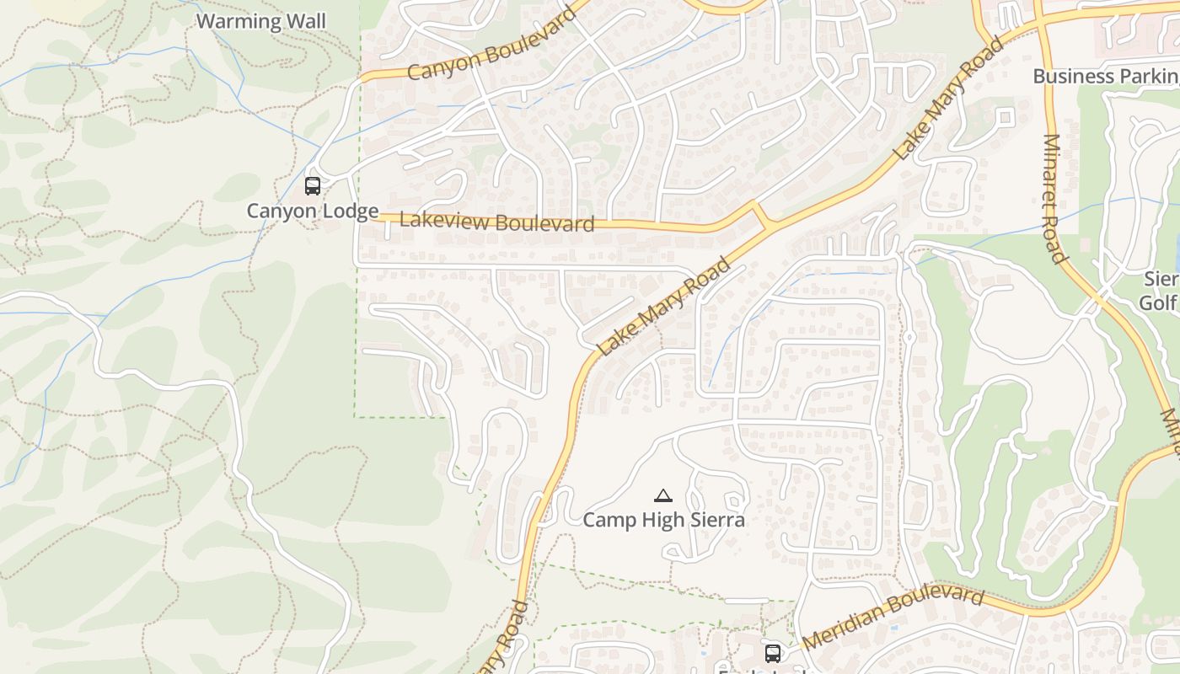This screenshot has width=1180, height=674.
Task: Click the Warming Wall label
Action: [x=260, y=20]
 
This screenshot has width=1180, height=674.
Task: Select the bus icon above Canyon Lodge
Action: [x=313, y=186]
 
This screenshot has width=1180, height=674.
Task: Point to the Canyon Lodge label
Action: [x=312, y=211]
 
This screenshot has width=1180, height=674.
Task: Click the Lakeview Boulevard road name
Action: [x=496, y=222]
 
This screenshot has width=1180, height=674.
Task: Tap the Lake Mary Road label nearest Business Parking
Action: [x=949, y=99]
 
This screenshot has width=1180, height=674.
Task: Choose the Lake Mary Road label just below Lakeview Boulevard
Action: [x=663, y=308]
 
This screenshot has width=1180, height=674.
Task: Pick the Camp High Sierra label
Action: [x=664, y=520]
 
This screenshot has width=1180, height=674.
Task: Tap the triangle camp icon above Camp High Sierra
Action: [x=663, y=496]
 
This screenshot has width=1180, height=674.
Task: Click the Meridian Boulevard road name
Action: [x=893, y=618]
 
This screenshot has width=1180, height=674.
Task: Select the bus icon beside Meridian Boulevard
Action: [x=772, y=653]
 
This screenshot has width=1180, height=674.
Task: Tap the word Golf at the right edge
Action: [x=1159, y=302]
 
